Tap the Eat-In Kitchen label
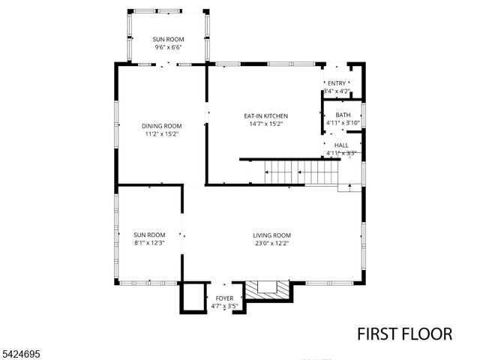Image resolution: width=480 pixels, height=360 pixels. [x=265, y=116]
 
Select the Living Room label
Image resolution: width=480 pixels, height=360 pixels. [x=271, y=235]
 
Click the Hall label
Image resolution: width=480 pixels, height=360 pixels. [x=341, y=145]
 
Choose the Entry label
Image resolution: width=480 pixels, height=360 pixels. [x=337, y=83]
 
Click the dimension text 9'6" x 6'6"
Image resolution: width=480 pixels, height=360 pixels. [x=167, y=47]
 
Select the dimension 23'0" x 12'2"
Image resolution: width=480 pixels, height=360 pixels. [x=271, y=243]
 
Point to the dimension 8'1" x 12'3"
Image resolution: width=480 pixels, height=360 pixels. [x=149, y=243]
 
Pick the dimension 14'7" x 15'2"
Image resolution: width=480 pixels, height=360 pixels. [x=265, y=124]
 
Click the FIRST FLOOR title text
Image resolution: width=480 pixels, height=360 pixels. [x=404, y=334]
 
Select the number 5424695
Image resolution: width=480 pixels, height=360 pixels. [x=22, y=352]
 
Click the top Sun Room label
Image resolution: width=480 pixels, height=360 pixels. [x=167, y=39]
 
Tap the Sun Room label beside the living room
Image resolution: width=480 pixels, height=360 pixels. [x=149, y=235]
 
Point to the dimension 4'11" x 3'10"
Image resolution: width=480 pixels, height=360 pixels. [x=343, y=123]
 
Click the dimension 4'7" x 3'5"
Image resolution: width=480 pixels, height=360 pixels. [x=223, y=307]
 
